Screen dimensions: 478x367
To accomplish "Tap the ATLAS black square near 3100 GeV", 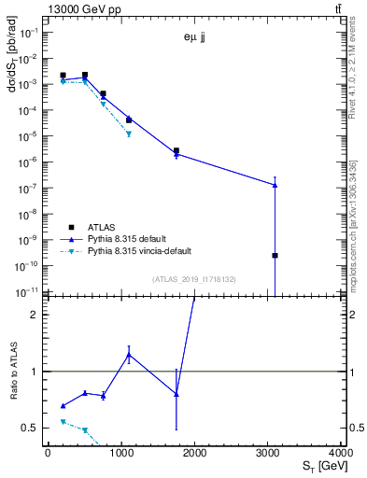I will [275, 255].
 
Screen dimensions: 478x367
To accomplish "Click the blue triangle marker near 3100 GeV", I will [275, 185].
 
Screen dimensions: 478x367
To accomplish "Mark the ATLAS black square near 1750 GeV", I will [176, 150].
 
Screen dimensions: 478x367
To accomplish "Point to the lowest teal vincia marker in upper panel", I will [129, 134].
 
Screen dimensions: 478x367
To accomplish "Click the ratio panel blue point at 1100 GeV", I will [129, 355].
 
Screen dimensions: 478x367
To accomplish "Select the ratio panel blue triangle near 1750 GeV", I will [176, 394].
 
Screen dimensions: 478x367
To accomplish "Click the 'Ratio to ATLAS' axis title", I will [13, 372].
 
